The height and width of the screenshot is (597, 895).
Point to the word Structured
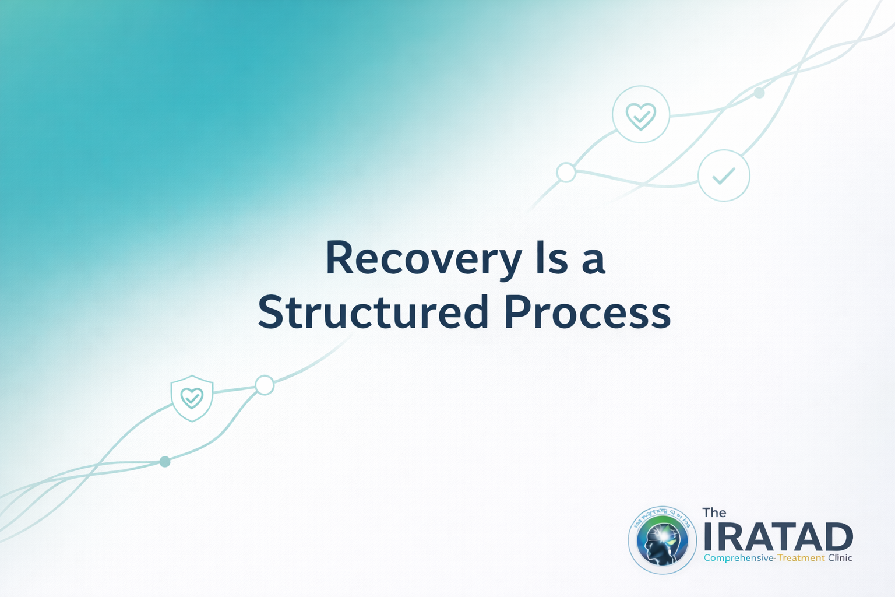tap(373, 312)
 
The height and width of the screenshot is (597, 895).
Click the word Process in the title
tap(587, 312)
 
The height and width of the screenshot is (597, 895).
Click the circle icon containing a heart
tap(641, 114)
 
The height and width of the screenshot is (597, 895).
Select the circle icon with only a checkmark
tap(724, 175)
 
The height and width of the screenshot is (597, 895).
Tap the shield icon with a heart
tap(192, 398)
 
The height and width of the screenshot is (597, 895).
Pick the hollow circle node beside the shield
tap(265, 385)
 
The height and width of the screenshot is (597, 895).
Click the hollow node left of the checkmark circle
tap(566, 173)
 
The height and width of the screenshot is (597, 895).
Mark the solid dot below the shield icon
tap(165, 462)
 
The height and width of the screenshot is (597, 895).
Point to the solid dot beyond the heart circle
tap(759, 93)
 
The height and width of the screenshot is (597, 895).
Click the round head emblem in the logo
tap(663, 540)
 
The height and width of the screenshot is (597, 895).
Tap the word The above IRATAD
tap(714, 512)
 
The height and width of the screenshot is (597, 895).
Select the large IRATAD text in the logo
tap(778, 537)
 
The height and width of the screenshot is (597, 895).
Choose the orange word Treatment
tap(801, 558)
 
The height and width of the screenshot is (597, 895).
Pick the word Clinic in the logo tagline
tap(840, 558)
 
